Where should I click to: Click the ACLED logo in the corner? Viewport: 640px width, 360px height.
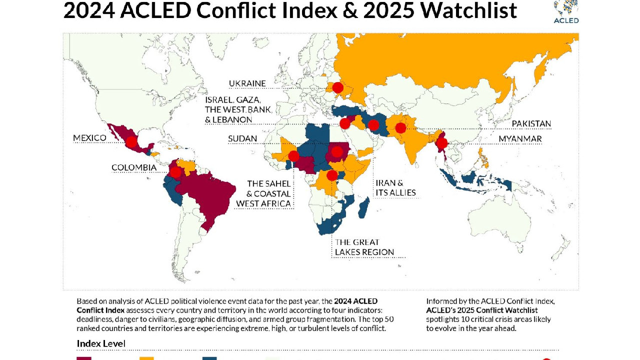(566, 11)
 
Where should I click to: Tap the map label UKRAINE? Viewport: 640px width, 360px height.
(247, 83)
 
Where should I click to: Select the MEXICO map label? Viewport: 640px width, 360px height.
(89, 138)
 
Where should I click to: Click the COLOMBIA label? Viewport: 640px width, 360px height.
(134, 167)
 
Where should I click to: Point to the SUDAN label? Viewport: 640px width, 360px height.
(242, 138)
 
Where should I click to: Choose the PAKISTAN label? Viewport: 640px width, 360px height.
(531, 123)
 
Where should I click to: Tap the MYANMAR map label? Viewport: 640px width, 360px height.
(520, 138)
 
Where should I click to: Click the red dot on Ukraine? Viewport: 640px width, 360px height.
(337, 87)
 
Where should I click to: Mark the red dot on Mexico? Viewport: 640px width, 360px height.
(131, 142)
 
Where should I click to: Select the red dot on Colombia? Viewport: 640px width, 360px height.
(175, 172)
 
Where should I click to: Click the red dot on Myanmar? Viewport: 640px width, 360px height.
(442, 144)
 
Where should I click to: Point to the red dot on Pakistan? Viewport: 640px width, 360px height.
(400, 128)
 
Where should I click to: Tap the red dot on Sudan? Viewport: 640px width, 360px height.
(337, 152)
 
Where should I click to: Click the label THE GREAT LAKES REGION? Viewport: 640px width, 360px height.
(364, 247)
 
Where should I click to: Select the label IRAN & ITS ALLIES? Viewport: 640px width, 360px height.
(395, 187)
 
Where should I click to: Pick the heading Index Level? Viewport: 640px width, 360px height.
(100, 343)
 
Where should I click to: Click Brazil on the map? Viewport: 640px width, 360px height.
(207, 192)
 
